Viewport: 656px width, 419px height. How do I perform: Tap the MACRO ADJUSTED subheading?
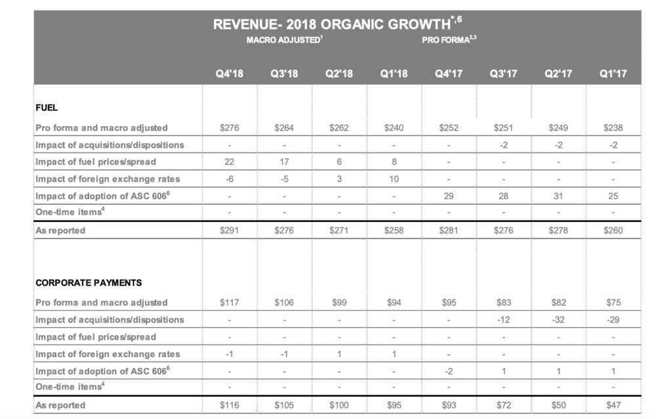coord(283,40)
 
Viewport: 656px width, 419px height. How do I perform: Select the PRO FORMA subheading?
coord(446,40)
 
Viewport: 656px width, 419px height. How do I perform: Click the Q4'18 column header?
coord(229,74)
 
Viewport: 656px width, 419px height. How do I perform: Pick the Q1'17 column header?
coord(613,74)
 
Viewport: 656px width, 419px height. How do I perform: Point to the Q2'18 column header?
coord(338,74)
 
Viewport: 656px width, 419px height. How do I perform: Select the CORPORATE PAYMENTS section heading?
coord(89,282)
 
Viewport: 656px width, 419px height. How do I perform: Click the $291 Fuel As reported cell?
coord(229,231)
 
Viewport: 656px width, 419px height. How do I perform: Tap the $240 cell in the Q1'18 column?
coord(394,128)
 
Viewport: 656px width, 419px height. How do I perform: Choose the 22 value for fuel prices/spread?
coord(229,162)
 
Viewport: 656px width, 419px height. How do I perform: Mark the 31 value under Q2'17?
coord(558,196)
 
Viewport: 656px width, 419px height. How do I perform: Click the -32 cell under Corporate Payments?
coord(558,320)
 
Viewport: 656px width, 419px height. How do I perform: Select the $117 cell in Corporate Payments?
coord(229,303)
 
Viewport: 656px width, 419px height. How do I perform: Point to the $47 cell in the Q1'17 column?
coord(613,405)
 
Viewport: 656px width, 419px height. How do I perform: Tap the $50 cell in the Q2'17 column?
coord(558,405)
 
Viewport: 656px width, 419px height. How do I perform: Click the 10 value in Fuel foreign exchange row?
coord(394,179)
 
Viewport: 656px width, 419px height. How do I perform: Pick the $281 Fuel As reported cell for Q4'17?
coord(449,231)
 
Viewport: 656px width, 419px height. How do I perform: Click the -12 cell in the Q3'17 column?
coord(503,320)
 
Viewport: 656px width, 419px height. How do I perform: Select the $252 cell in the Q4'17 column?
coord(449,128)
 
